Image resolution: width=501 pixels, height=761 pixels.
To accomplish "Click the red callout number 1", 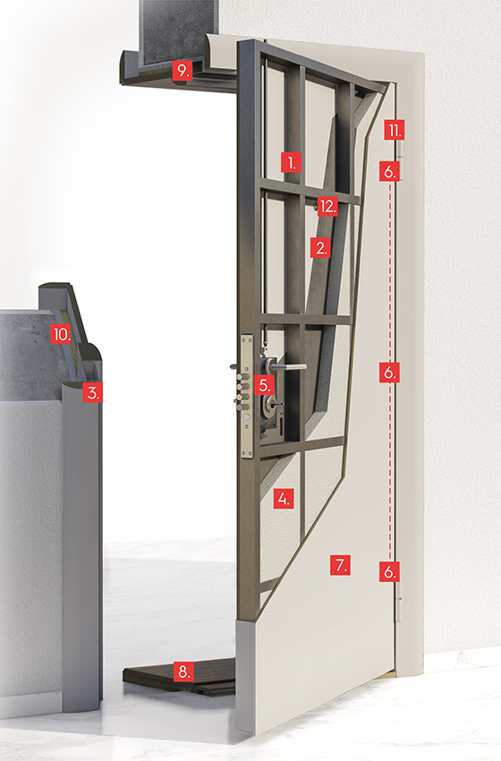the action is click(x=291, y=163).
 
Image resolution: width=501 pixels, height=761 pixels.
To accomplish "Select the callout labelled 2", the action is click(x=320, y=248).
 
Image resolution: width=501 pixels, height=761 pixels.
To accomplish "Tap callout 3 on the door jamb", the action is click(x=92, y=391).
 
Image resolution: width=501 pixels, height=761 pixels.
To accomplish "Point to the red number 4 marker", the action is click(x=284, y=499).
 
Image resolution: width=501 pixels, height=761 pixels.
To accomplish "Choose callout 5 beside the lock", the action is click(x=264, y=385).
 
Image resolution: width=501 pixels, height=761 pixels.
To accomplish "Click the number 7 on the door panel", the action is click(x=340, y=565).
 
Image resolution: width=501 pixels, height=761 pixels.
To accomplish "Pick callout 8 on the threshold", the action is click(x=183, y=671).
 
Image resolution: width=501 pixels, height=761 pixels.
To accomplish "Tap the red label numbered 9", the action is click(x=183, y=71).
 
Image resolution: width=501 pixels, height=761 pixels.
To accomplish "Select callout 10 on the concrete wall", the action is click(x=61, y=334).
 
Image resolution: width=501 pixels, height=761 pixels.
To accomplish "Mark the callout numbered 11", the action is click(x=395, y=130).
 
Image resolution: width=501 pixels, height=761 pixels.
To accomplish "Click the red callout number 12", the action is click(x=327, y=207).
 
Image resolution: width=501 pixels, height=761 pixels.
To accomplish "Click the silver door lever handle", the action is click(x=289, y=367).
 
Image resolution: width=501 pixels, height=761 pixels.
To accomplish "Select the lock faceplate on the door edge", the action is click(x=247, y=395).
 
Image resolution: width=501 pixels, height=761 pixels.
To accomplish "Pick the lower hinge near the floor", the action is click(x=399, y=601).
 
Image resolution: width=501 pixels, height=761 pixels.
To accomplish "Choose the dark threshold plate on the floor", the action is click(x=180, y=676).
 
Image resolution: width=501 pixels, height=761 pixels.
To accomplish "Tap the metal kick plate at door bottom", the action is click(x=245, y=676).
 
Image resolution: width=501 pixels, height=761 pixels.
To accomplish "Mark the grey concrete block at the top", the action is click(x=178, y=31).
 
